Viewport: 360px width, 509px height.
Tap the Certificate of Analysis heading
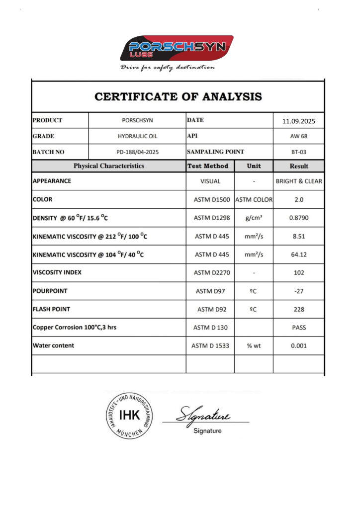click(178, 96)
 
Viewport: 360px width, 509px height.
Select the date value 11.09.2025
click(299, 121)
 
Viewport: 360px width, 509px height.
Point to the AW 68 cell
click(299, 137)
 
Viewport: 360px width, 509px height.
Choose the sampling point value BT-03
click(299, 152)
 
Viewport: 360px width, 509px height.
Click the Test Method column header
click(208, 166)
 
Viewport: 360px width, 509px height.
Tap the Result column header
click(299, 166)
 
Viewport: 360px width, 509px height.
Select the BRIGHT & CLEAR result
click(299, 181)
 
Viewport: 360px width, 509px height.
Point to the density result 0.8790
click(299, 218)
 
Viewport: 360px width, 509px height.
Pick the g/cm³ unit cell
click(254, 218)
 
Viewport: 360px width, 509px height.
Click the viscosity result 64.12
click(299, 254)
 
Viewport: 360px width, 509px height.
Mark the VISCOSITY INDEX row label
click(57, 272)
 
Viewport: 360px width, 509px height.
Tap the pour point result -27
click(299, 291)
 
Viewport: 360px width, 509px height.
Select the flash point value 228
click(299, 309)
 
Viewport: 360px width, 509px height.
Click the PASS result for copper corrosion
click(299, 328)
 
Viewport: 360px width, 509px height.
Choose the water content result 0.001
click(299, 345)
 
